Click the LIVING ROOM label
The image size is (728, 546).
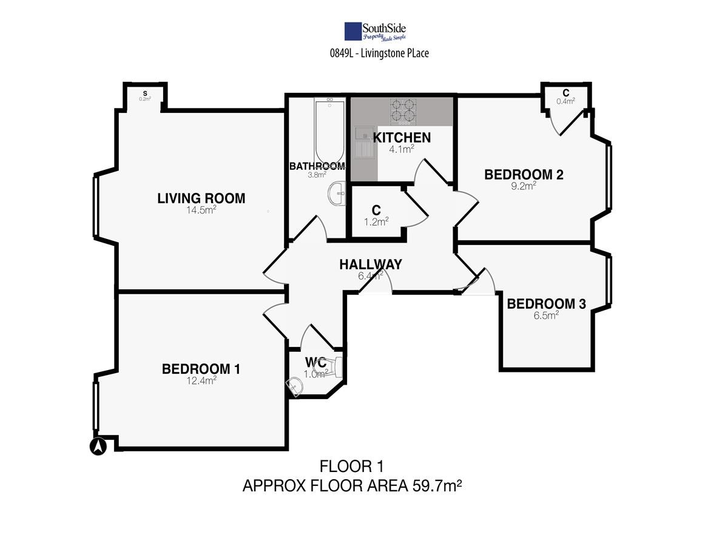pyautogui.click(x=201, y=198)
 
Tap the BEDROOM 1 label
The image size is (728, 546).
pyautogui.click(x=201, y=369)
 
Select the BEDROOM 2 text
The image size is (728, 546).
pyautogui.click(x=524, y=175)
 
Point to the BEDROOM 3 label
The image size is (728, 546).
pyautogui.click(x=546, y=304)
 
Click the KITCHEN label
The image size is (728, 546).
pyautogui.click(x=402, y=138)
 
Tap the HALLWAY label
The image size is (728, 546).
pyautogui.click(x=371, y=265)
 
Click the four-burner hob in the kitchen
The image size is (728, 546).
pyautogui.click(x=403, y=112)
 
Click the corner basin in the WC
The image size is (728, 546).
pyautogui.click(x=294, y=386)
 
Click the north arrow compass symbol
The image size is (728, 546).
pyautogui.click(x=98, y=447)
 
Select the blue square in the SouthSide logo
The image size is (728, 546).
pyautogui.click(x=353, y=31)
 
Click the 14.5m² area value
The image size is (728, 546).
pyautogui.click(x=201, y=210)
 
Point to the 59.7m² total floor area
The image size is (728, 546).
pyautogui.click(x=437, y=486)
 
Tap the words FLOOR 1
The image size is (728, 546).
pyautogui.click(x=351, y=467)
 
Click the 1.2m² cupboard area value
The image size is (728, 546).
pyautogui.click(x=376, y=221)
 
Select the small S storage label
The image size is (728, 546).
pyautogui.click(x=145, y=93)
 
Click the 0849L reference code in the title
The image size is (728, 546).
pyautogui.click(x=342, y=53)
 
